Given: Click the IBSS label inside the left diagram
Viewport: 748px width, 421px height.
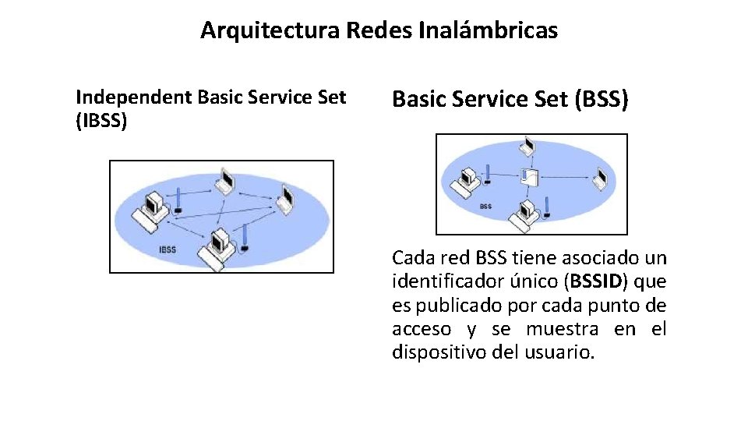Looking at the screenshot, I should (x=168, y=250).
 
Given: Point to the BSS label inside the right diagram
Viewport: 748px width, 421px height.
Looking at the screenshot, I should (x=485, y=207).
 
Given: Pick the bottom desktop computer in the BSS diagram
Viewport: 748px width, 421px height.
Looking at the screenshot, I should (x=524, y=213).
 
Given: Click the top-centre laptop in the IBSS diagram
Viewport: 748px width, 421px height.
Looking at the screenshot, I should (x=226, y=181).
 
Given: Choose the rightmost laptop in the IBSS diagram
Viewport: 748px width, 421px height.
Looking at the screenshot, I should (x=285, y=200).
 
